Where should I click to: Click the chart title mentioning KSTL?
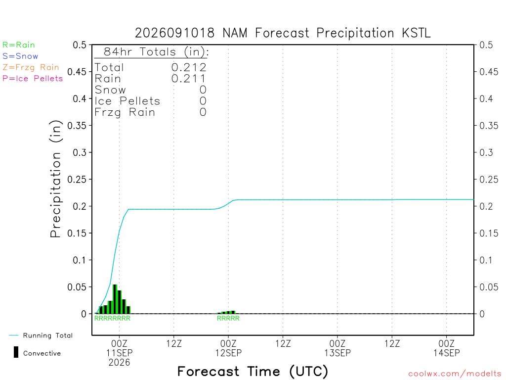[x=283, y=33]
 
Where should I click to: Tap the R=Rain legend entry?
[x=19, y=45]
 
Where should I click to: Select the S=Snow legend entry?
[x=20, y=56]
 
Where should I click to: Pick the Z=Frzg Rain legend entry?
[x=31, y=67]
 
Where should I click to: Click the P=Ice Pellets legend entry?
[x=33, y=79]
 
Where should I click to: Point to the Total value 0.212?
[x=189, y=67]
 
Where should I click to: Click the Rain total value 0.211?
[x=189, y=79]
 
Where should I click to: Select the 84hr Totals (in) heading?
[x=156, y=51]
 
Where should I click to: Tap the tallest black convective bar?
[x=115, y=299]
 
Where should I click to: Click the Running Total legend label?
[x=48, y=335]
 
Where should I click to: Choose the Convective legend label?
[x=42, y=353]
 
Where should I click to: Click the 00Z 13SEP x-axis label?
[x=337, y=348]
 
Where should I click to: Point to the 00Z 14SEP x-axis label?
[x=447, y=348]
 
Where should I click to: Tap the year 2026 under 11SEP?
[x=120, y=363]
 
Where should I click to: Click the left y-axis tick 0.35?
[x=77, y=125]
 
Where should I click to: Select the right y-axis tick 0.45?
[x=489, y=71]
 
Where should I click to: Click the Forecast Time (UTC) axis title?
[x=253, y=371]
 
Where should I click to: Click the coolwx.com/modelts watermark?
[x=455, y=374]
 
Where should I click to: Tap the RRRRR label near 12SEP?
[x=228, y=318]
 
